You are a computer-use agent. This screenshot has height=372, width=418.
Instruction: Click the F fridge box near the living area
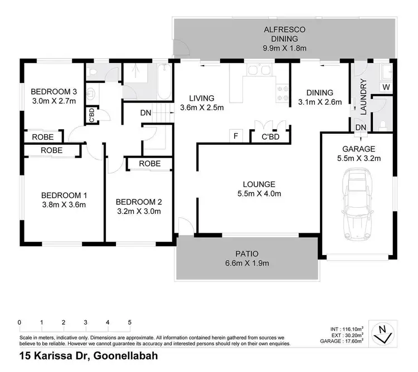(236, 135)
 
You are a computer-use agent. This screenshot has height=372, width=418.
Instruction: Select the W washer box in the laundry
(385, 86)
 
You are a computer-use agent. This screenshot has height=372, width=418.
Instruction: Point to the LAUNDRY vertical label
(363, 97)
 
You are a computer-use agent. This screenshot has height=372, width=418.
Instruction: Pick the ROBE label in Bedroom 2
(150, 164)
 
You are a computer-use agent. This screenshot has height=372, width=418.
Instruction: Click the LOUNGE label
(259, 184)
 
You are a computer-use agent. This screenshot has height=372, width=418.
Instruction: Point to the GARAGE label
(359, 149)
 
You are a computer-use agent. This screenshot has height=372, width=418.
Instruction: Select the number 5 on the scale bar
(129, 322)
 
